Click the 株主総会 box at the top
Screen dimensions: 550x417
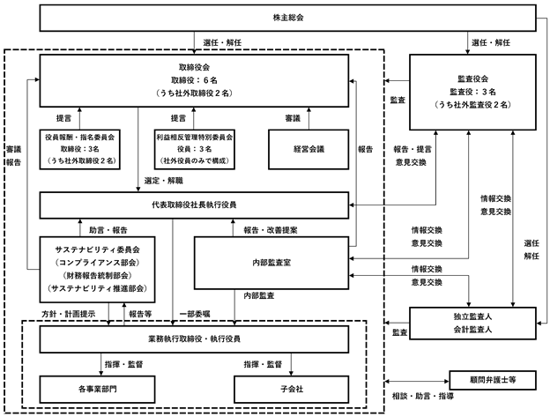(x=287, y=18)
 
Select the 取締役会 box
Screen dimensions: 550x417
(x=194, y=80)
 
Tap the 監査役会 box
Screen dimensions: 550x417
(x=472, y=92)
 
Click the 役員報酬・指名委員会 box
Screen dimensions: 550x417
(x=79, y=149)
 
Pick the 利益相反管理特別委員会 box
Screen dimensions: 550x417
(x=194, y=149)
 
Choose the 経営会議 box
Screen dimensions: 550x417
(x=308, y=149)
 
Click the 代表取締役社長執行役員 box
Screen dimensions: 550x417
(x=194, y=205)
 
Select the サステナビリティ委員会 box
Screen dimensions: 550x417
(x=97, y=270)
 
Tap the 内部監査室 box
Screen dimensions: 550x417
(x=271, y=263)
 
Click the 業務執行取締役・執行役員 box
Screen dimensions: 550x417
(x=194, y=339)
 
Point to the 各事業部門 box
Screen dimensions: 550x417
(x=97, y=390)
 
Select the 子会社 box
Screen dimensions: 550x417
(x=292, y=390)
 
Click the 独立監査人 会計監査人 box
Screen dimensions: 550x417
(x=472, y=324)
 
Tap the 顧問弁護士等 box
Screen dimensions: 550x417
(x=493, y=380)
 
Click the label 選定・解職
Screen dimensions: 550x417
(x=163, y=181)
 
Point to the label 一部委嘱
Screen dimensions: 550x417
(x=195, y=314)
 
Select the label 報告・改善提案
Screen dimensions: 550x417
(x=271, y=230)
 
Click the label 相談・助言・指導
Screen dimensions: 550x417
(x=423, y=397)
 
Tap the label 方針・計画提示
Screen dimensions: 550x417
(x=69, y=314)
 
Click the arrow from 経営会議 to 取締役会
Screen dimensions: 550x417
(x=308, y=118)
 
